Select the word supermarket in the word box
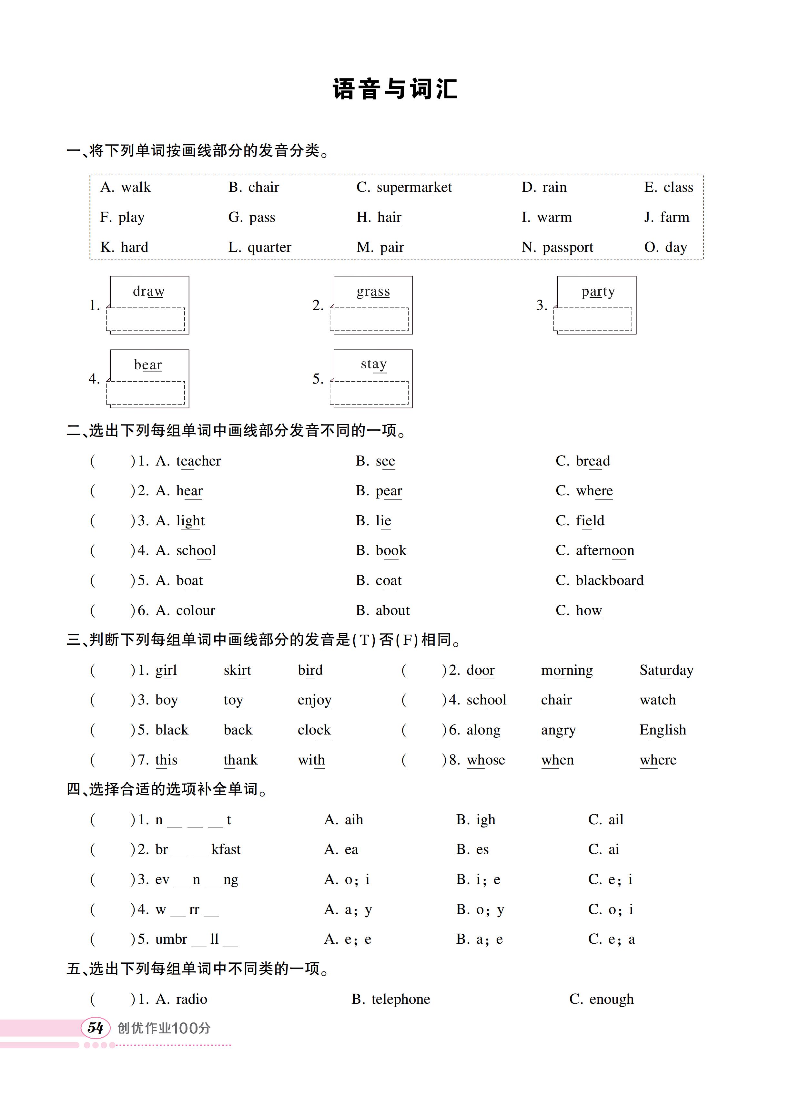coord(414,187)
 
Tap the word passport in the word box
coord(568,248)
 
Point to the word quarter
coord(269,248)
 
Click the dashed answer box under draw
coord(146,319)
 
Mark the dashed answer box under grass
coord(369,319)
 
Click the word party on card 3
coord(598,292)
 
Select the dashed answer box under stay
coord(369,393)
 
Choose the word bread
coord(592,461)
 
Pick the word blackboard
coord(610,580)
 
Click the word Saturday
coord(666,671)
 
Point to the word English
coord(663,730)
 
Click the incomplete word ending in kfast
coord(198,850)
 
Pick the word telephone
coord(400,999)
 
